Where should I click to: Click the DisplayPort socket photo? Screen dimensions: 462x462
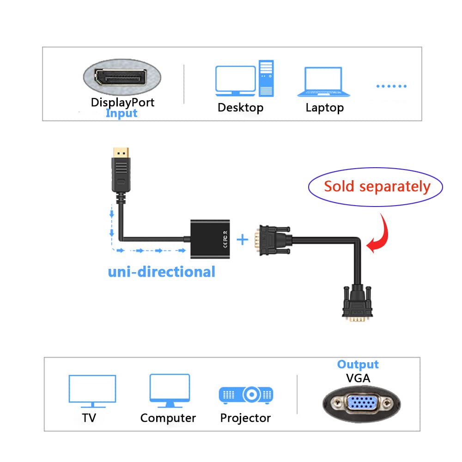(x=122, y=77)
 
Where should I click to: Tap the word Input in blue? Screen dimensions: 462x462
(x=122, y=114)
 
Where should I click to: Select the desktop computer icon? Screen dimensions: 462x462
(x=244, y=79)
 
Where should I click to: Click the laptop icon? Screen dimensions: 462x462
(x=323, y=82)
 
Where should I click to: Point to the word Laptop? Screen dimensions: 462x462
(x=324, y=108)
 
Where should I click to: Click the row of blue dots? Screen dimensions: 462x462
(x=391, y=86)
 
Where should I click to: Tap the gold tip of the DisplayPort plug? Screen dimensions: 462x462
(x=121, y=153)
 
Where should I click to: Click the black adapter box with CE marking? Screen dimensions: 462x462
(x=210, y=239)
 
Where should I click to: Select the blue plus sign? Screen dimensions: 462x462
(x=242, y=239)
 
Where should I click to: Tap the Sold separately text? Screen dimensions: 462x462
(x=377, y=187)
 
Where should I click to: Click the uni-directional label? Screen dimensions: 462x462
(x=161, y=272)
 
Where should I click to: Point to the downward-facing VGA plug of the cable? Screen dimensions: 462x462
(x=357, y=304)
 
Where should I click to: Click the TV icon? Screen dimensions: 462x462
(x=92, y=391)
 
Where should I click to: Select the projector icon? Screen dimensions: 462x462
(x=246, y=395)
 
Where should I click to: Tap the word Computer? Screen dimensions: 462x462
(x=168, y=418)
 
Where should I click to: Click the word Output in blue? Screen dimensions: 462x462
(x=358, y=365)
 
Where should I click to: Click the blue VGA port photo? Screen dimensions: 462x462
(x=361, y=403)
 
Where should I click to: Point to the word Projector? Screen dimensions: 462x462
(x=245, y=418)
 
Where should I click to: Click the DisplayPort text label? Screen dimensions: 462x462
(x=122, y=103)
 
